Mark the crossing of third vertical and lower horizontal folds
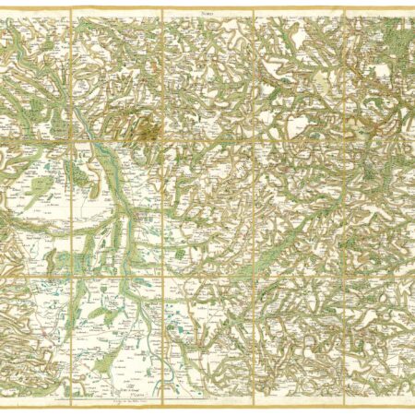253,271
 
